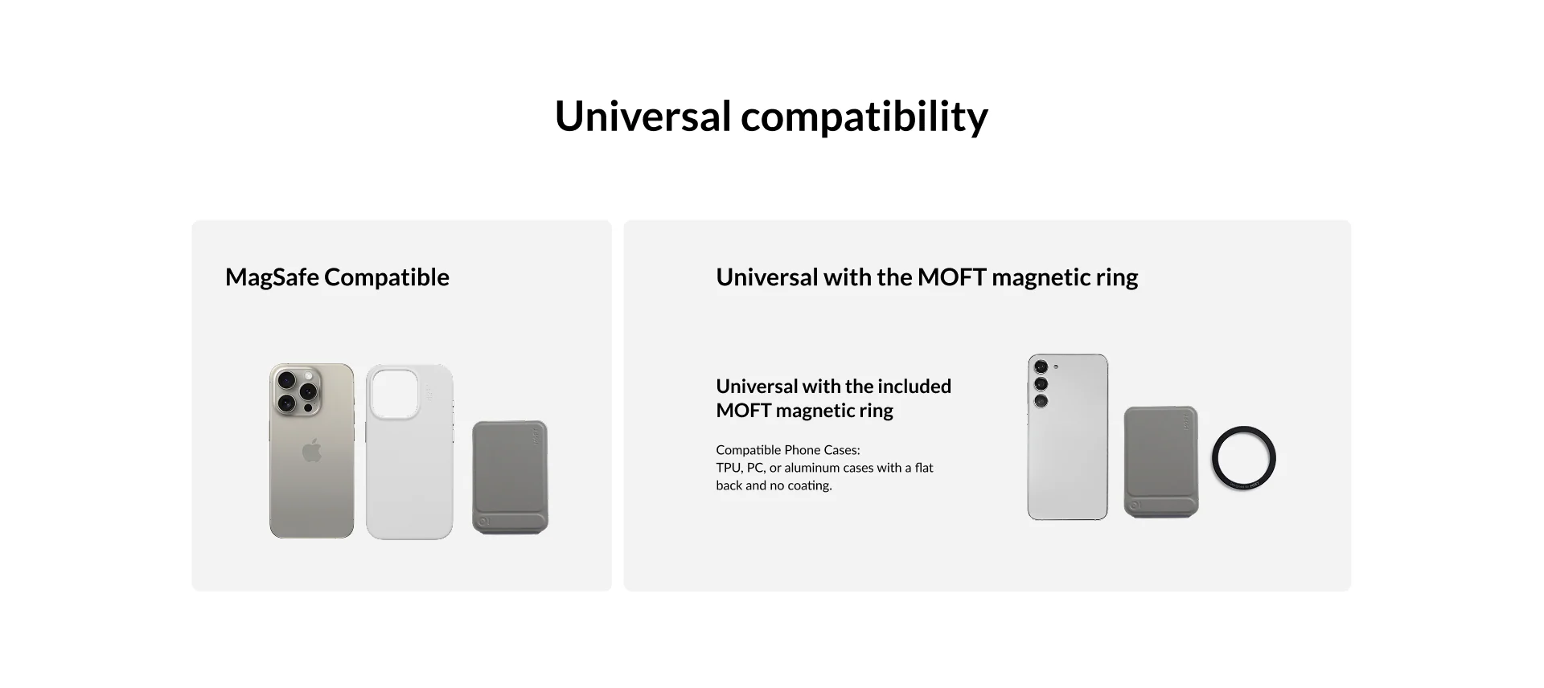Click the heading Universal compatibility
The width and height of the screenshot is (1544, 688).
pyautogui.click(x=771, y=117)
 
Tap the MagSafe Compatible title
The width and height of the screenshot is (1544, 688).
pyautogui.click(x=337, y=277)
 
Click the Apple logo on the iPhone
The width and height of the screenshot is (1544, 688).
pyautogui.click(x=312, y=451)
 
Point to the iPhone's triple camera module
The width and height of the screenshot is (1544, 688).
pyautogui.click(x=297, y=391)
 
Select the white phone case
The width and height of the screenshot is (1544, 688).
pyautogui.click(x=409, y=452)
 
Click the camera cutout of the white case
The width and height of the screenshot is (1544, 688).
pyautogui.click(x=395, y=394)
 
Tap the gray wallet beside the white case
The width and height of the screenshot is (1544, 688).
pyautogui.click(x=510, y=477)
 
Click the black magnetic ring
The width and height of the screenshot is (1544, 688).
pyautogui.click(x=1243, y=458)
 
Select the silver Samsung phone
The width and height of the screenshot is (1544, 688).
pyautogui.click(x=1068, y=437)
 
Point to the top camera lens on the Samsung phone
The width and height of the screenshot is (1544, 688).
pyautogui.click(x=1041, y=367)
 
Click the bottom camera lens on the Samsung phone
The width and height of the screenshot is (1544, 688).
pyautogui.click(x=1041, y=400)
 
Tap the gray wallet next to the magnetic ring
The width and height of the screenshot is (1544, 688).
pyautogui.click(x=1160, y=462)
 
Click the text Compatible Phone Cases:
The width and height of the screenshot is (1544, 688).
pyautogui.click(x=788, y=450)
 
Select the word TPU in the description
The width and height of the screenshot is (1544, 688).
pyautogui.click(x=729, y=468)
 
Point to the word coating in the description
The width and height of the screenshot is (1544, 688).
pyautogui.click(x=810, y=485)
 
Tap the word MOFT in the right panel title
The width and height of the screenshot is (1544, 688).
pyautogui.click(x=952, y=277)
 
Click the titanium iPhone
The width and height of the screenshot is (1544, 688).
pyautogui.click(x=311, y=451)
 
